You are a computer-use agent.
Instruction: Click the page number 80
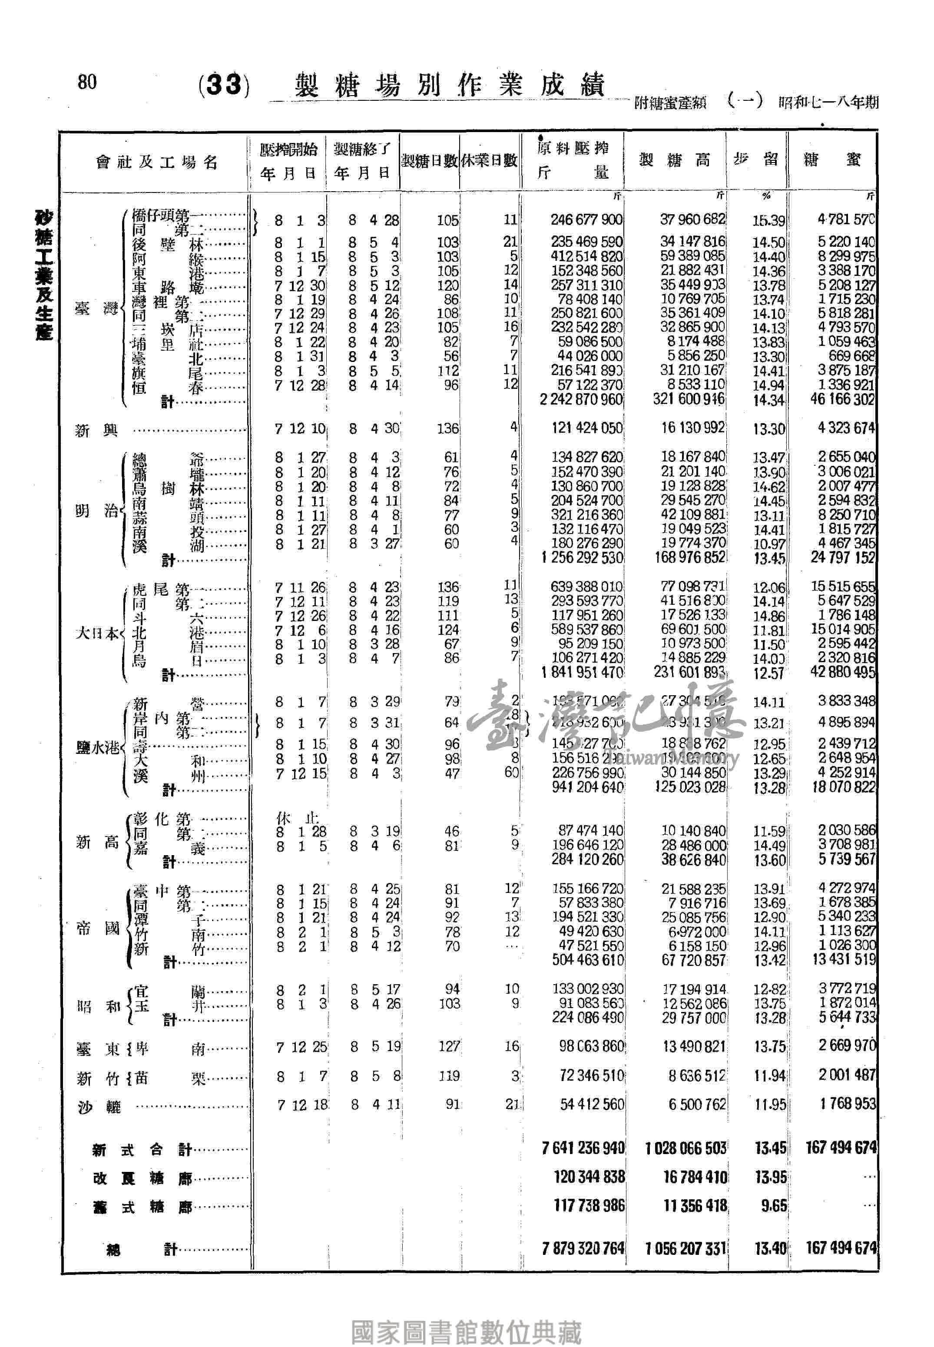pos(86,82)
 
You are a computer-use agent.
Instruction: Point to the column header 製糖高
pos(674,160)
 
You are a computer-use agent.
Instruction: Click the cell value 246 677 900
pos(586,220)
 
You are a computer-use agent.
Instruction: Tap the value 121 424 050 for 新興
pos(586,428)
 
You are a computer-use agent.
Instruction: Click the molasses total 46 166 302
pos(842,400)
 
